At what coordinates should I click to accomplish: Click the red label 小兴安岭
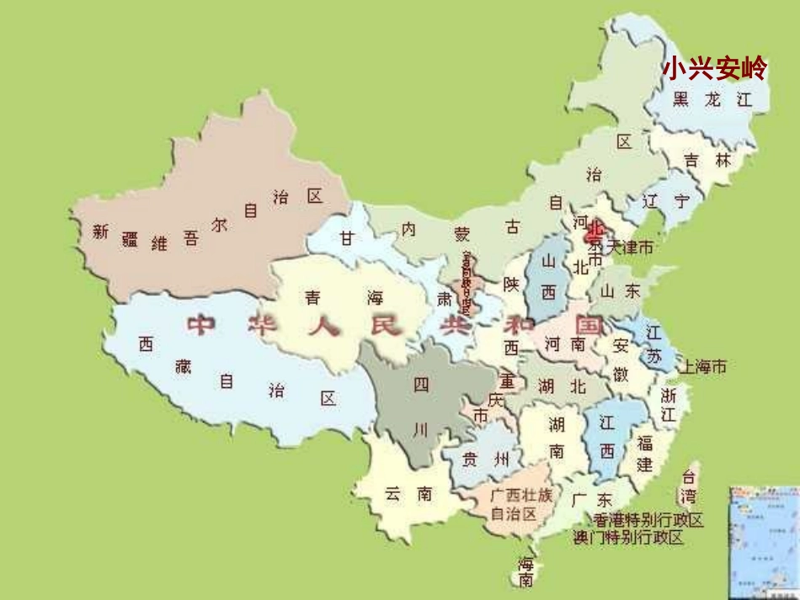pos(714,69)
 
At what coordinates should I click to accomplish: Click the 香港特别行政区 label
pos(648,520)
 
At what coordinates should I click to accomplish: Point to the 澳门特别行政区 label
pos(627,538)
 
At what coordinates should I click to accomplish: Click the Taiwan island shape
pos(688,487)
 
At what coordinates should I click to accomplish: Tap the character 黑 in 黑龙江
pos(680,99)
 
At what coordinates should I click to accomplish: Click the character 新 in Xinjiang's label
pos(101,233)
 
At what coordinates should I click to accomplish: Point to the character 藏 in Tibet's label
pos(183,365)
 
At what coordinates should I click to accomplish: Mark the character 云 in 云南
pos(392,494)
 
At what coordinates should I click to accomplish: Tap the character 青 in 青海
pos(312,298)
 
